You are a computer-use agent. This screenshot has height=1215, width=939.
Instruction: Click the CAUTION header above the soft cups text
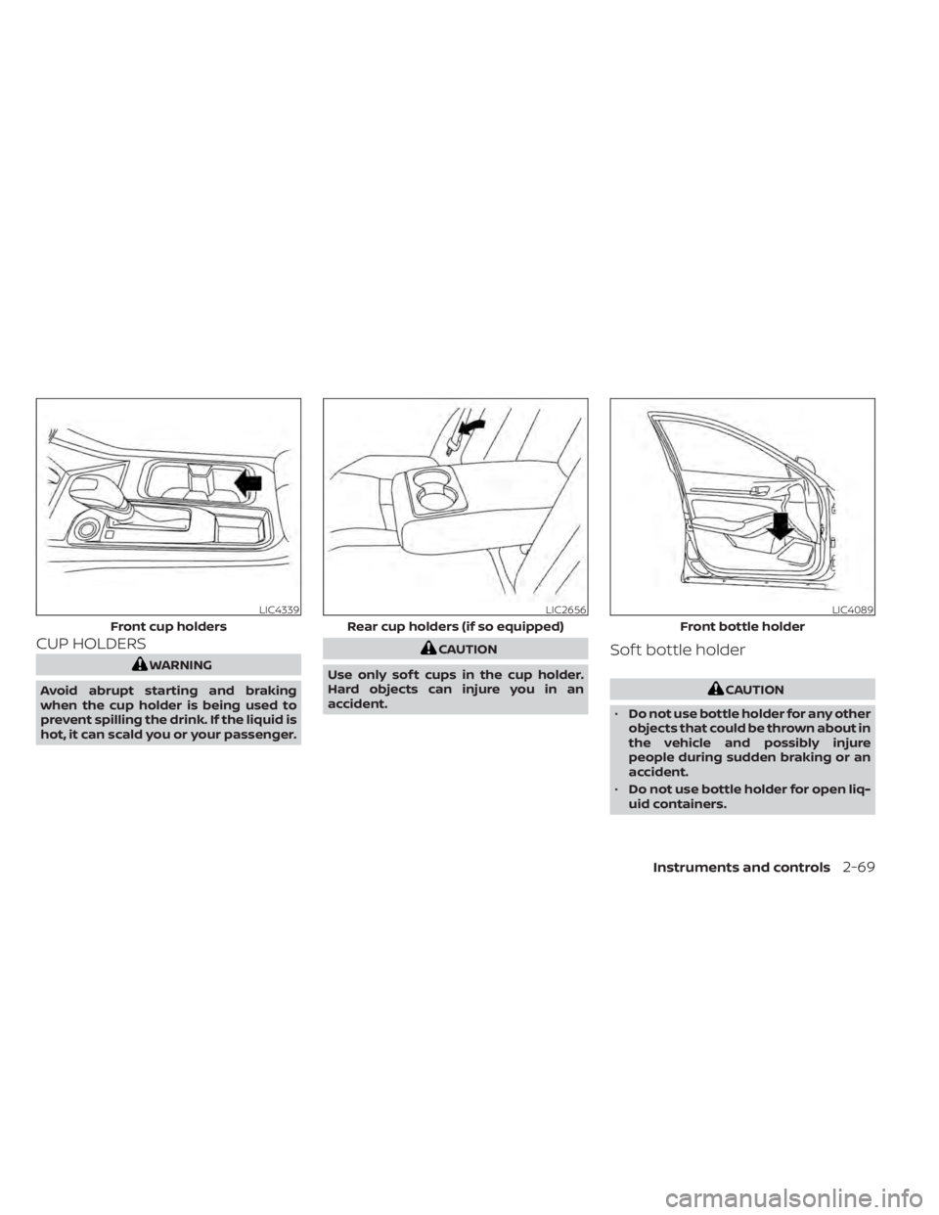[x=465, y=649]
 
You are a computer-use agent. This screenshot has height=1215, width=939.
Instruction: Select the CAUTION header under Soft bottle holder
[x=751, y=690]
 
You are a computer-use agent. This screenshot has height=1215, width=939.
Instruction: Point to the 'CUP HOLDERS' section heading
[x=91, y=644]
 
